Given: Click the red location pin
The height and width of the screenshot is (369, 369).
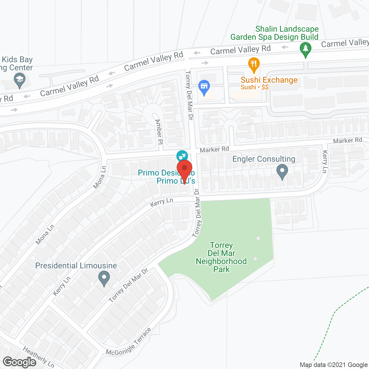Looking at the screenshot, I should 184,170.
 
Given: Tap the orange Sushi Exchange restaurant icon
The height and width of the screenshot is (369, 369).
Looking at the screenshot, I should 254,65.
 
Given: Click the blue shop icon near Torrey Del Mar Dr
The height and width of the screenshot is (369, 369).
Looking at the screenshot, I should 204,87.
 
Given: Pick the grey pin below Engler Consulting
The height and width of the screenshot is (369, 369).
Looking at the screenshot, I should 282,171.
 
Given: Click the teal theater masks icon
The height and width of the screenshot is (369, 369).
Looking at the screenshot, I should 182,156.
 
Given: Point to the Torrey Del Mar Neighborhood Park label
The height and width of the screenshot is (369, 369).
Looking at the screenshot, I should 221,257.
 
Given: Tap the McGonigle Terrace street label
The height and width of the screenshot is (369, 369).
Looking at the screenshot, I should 129,342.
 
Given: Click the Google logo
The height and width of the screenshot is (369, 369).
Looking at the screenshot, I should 20,362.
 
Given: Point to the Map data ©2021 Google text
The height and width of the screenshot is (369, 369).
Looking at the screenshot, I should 334,365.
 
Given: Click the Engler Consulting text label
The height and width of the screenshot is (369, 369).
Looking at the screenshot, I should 264,159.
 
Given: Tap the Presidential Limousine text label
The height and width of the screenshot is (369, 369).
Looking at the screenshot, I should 76,266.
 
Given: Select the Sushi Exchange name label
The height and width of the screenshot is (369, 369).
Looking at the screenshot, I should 269,80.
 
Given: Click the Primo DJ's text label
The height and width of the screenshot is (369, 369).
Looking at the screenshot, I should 176,181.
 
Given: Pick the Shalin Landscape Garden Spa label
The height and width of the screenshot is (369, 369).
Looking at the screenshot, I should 274,33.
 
